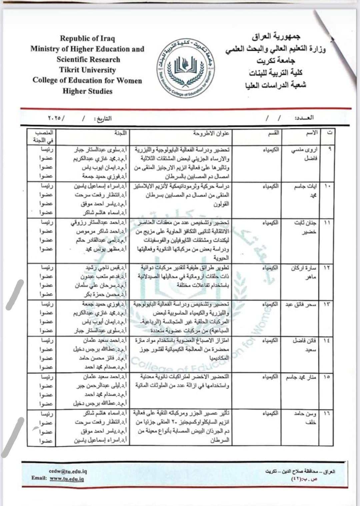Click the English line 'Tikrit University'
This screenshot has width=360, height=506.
point(87,70)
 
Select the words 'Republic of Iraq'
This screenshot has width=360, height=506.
point(87,38)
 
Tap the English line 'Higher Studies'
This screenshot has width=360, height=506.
point(87,91)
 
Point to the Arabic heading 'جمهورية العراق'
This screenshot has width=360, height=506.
point(276,36)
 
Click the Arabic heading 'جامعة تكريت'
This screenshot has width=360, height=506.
point(276,61)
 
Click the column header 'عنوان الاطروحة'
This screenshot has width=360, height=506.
point(211,133)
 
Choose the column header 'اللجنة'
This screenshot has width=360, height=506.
point(120,133)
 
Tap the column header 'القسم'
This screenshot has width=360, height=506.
point(273,133)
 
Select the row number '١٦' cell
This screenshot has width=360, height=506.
point(327,413)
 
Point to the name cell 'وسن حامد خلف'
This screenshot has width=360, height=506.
point(305,418)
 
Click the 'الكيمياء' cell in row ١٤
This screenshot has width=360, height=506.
point(270,341)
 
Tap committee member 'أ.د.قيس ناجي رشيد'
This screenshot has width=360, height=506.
point(106,268)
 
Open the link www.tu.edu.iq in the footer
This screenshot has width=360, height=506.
point(67,479)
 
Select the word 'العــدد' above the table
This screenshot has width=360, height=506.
point(304,118)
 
